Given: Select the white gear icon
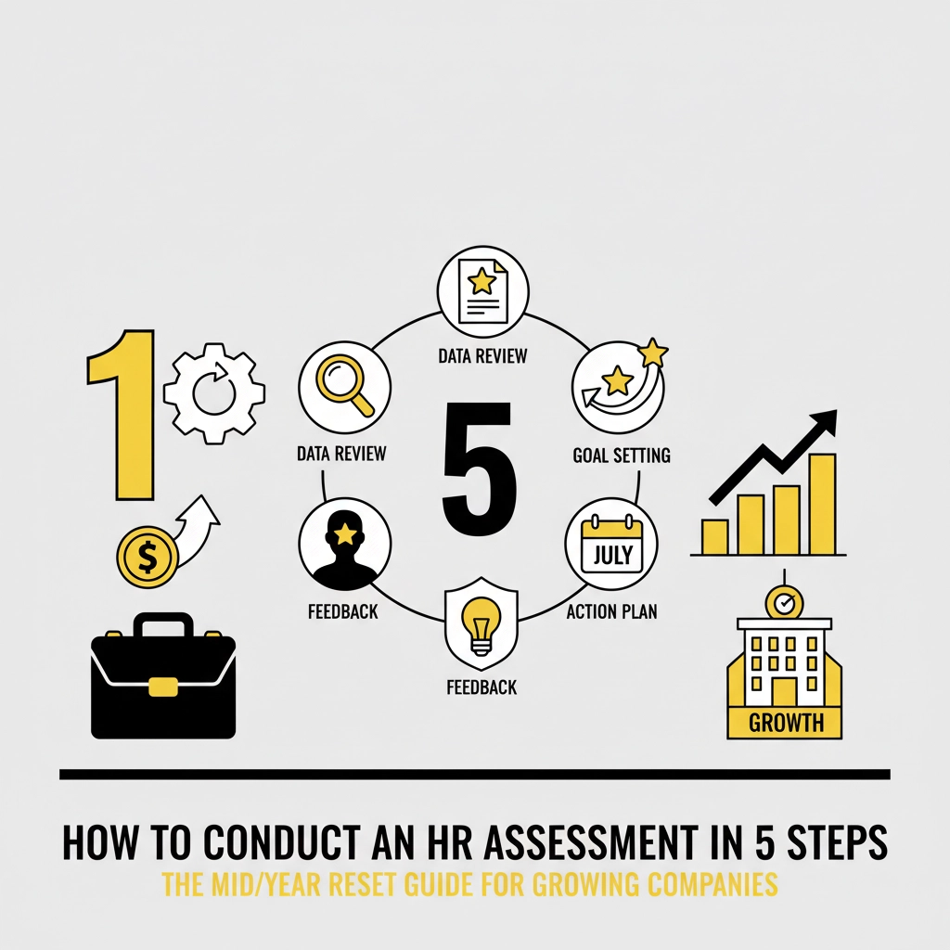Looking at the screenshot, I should tap(213, 393).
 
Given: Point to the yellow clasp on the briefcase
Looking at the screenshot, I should tap(162, 687).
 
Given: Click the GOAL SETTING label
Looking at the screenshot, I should tap(622, 456).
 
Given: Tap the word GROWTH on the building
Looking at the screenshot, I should tap(785, 723).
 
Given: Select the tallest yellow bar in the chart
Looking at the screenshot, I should tap(822, 503).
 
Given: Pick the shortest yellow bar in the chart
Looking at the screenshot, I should tap(714, 536).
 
